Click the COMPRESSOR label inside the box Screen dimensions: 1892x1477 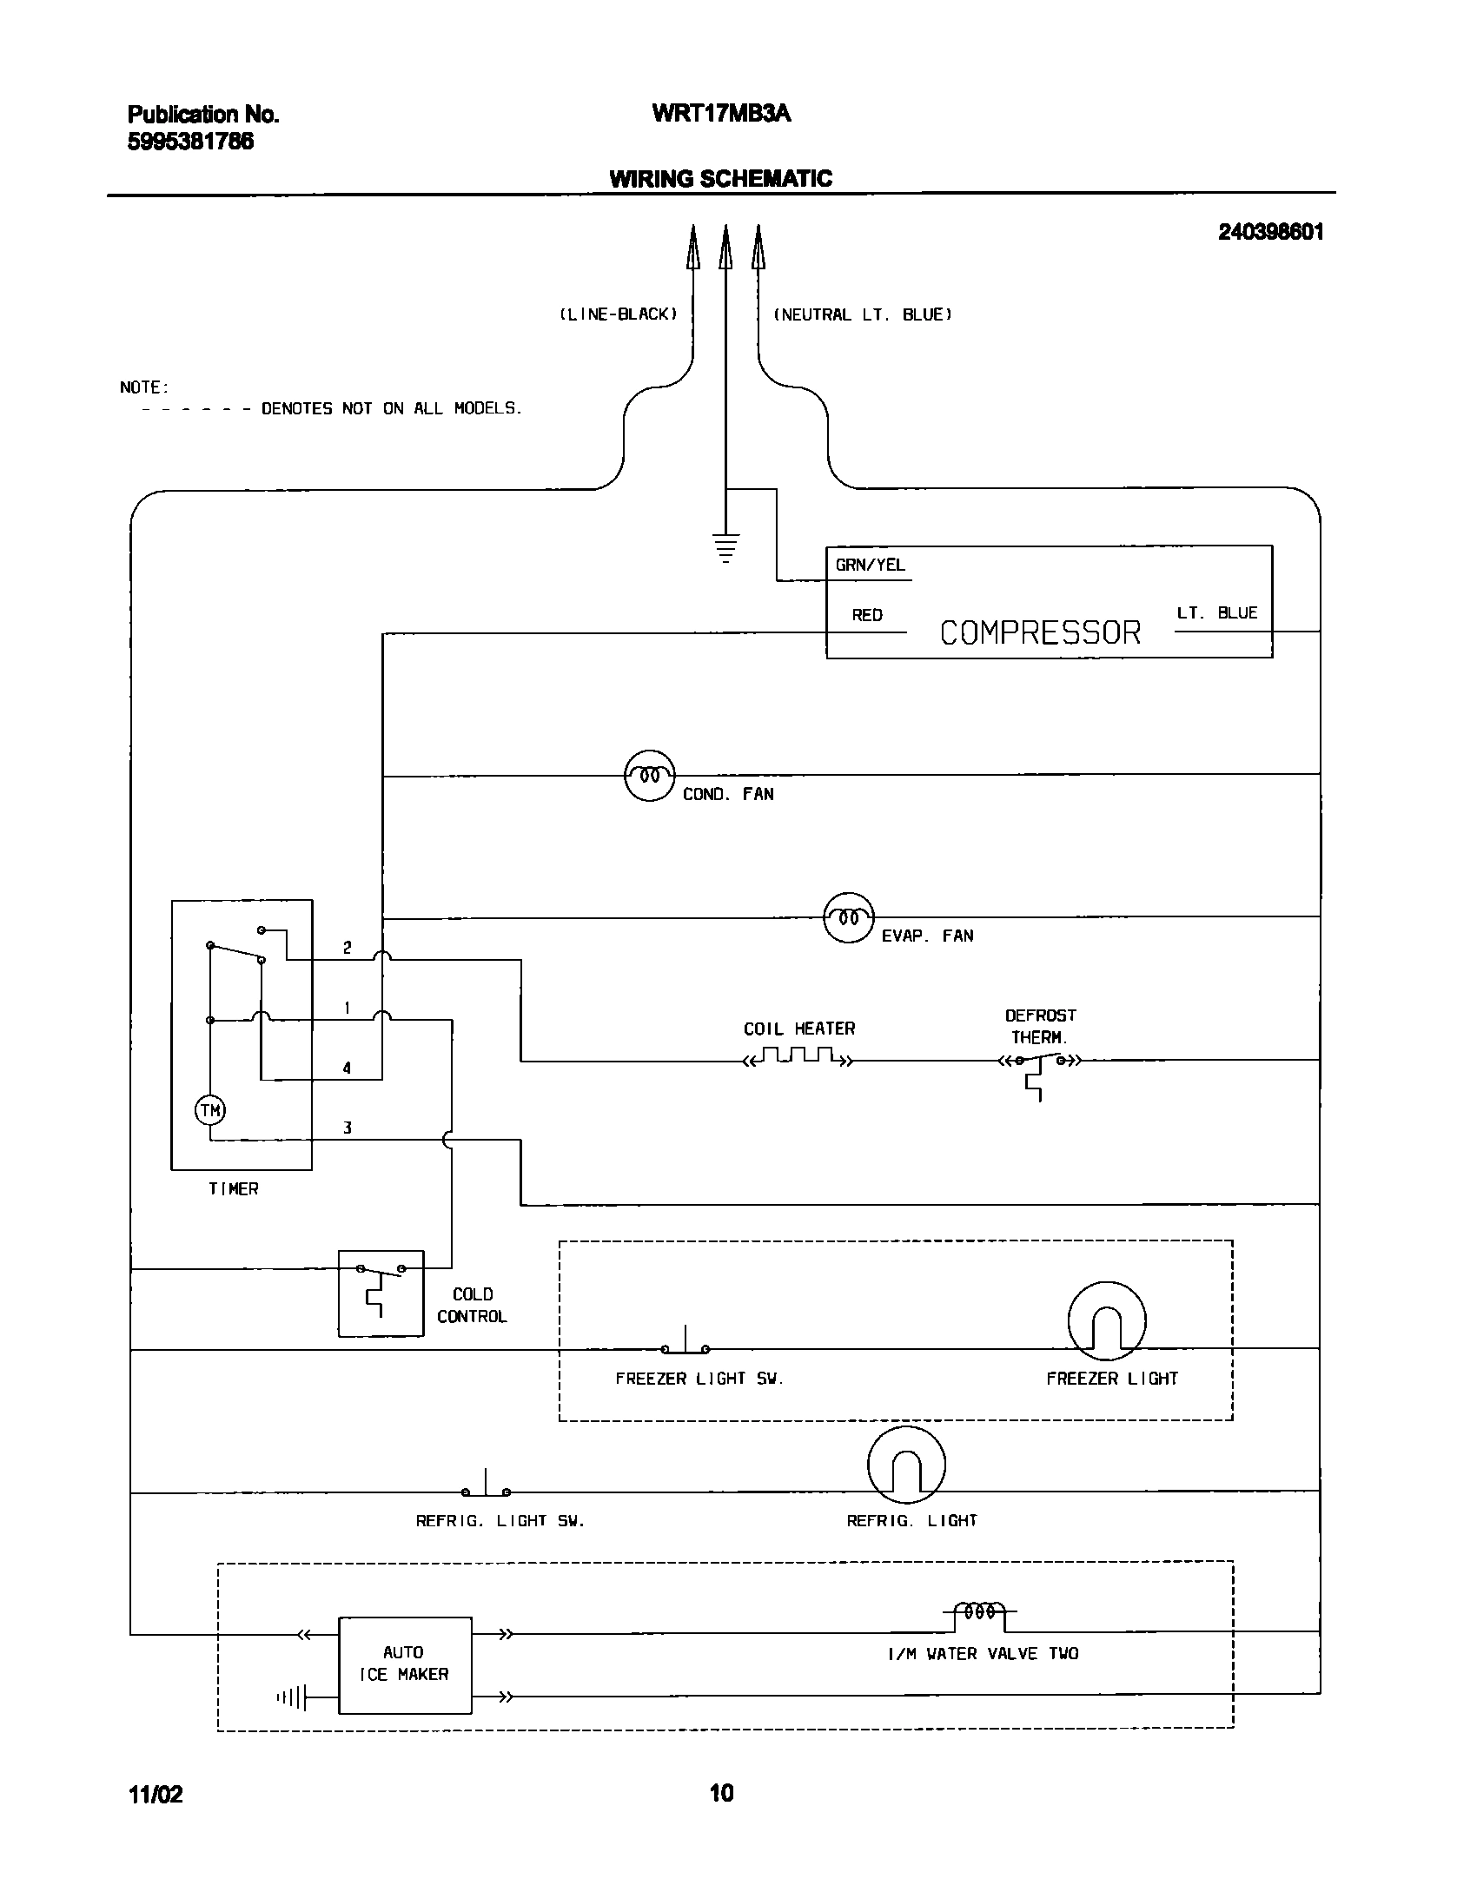(1040, 632)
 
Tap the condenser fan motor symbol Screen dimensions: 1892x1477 (649, 775)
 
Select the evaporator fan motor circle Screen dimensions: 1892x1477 (848, 917)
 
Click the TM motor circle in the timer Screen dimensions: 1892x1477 (209, 1110)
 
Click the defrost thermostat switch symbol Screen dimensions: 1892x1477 (1039, 1062)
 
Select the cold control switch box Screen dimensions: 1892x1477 (381, 1293)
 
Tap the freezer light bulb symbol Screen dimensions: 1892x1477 (1106, 1322)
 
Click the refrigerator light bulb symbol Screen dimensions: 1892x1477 (906, 1466)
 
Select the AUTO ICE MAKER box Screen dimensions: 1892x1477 (405, 1664)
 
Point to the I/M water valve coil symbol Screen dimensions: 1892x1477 (979, 1612)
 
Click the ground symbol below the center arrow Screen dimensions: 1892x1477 (725, 548)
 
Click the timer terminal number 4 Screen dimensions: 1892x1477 (347, 1068)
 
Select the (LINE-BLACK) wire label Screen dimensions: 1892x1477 (617, 314)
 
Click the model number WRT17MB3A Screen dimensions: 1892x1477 (721, 114)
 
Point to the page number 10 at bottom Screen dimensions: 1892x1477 (721, 1793)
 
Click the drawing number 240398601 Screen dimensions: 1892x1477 (1270, 232)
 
